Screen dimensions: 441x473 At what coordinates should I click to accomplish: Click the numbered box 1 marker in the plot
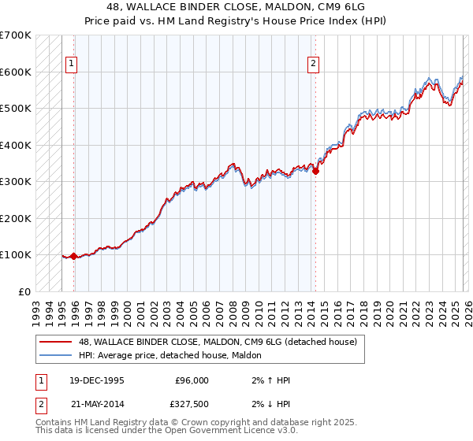72,64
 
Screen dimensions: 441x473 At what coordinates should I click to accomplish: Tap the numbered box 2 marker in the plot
313,64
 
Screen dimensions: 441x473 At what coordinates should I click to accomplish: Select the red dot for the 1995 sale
74,256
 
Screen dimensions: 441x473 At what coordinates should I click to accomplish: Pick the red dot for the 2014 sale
315,170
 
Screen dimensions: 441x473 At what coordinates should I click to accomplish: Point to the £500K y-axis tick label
16,109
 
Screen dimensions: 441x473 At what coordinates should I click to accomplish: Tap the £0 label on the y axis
24,291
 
